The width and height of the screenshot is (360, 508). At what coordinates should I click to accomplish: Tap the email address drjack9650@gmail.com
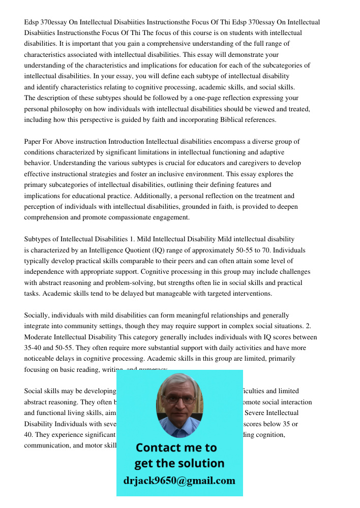(x=179, y=481)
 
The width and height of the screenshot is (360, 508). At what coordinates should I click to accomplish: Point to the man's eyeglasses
(x=179, y=399)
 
